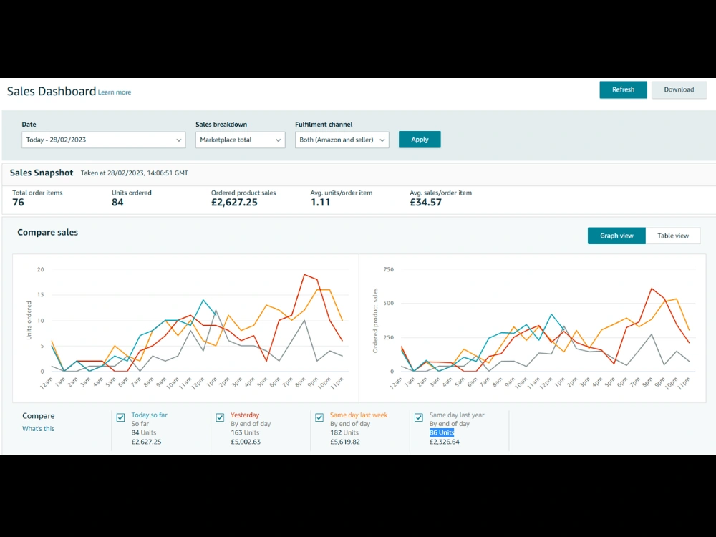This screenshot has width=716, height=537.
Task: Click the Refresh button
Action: [623, 89]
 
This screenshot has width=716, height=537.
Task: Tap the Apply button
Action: [420, 140]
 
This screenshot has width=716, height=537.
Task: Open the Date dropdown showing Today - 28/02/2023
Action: [104, 140]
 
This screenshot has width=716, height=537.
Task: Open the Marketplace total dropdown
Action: [240, 140]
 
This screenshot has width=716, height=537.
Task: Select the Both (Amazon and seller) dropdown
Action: [342, 140]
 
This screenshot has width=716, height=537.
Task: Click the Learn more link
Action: [115, 92]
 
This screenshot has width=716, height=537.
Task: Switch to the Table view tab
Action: [672, 236]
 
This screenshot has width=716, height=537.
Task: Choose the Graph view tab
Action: [616, 236]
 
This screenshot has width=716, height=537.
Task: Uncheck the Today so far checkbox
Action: [120, 417]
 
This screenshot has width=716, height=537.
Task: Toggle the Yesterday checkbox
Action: [220, 417]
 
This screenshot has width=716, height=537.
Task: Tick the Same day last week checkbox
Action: [319, 417]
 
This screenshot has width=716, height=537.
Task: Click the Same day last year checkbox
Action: [419, 417]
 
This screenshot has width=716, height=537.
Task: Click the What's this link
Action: [39, 428]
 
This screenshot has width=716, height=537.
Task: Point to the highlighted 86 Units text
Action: [442, 432]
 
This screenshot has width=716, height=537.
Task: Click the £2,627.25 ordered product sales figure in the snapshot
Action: [234, 203]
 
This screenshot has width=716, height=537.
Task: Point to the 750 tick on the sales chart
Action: [389, 269]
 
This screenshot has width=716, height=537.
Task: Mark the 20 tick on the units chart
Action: [41, 269]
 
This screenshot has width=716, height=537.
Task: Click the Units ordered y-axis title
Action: [29, 320]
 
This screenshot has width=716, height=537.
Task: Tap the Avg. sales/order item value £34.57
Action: [425, 203]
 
